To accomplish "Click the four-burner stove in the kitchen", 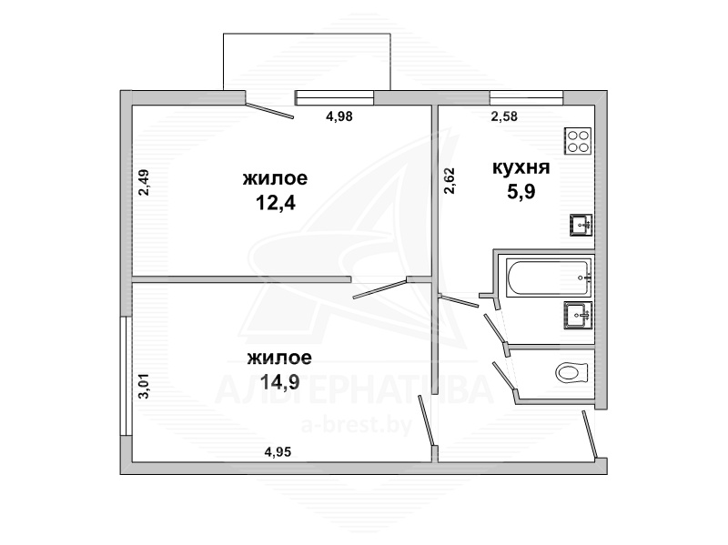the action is (578, 141).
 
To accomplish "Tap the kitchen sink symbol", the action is (581, 225).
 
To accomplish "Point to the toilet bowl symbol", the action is (572, 372).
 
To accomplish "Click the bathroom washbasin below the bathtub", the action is (578, 315).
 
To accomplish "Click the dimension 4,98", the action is (339, 116).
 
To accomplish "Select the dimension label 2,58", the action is (504, 116).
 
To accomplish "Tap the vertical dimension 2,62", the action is (450, 181).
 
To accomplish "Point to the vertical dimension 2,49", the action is (144, 183).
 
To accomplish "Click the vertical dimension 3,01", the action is (144, 388).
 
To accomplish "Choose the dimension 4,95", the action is (278, 451).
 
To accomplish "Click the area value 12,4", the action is (276, 203).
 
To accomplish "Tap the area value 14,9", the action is (279, 382).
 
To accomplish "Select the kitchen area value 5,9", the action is (521, 191).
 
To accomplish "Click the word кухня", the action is (521, 167).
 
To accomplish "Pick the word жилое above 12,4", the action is (276, 178).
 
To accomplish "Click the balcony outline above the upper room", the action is (307, 34).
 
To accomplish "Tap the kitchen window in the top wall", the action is (527, 97).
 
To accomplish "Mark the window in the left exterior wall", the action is (126, 376).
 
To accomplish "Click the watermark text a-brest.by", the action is (357, 425).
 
